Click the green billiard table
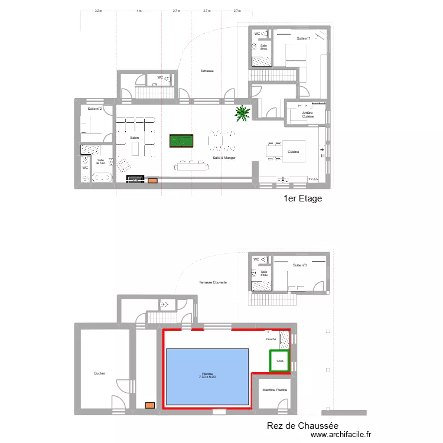click(181, 142)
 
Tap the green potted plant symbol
click(242, 113)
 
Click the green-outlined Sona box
click(280, 361)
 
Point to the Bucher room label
click(99, 373)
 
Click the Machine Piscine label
click(275, 390)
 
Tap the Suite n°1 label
click(304, 38)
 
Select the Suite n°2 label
click(95, 109)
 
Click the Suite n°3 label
click(299, 266)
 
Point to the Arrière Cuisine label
click(308, 115)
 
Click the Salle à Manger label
click(224, 158)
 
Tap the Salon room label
click(135, 138)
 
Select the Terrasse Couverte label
click(213, 282)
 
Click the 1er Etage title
click(303, 198)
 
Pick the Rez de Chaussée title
click(302, 425)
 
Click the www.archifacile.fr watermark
click(342, 435)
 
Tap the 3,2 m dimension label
click(99, 11)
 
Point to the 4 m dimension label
click(139, 11)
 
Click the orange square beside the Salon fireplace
click(153, 180)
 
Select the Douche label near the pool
click(271, 340)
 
